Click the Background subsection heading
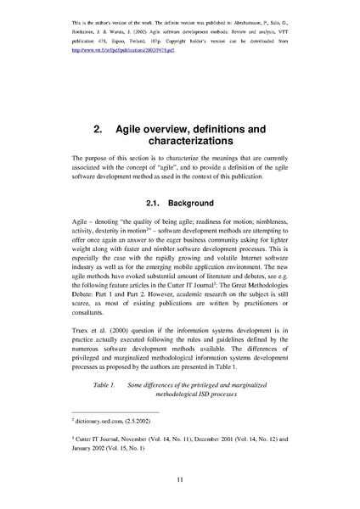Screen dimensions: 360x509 coord(190,204)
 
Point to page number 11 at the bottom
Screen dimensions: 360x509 coord(180,480)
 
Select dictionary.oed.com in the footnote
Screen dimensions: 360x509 coord(97,420)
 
